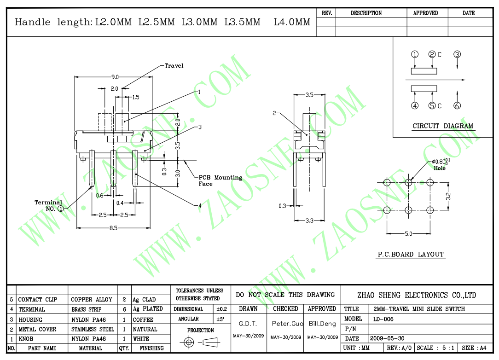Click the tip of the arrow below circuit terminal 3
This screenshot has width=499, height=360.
click(457, 69)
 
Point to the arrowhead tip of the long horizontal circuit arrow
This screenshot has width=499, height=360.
click(465, 80)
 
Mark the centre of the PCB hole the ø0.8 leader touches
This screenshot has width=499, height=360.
click(409, 183)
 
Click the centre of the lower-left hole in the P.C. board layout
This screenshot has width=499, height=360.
click(387, 210)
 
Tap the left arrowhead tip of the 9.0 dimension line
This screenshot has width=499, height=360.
click(75, 77)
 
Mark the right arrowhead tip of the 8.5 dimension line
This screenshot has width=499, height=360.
click(150, 228)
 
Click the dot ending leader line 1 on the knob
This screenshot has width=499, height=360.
click(124, 121)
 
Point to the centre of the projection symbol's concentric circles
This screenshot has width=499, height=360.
click(189, 343)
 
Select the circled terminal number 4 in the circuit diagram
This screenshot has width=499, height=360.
click(415, 106)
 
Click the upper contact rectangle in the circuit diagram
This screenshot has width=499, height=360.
click(424, 71)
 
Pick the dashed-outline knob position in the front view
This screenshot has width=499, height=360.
click(105, 122)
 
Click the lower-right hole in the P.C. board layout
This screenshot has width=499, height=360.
click(430, 210)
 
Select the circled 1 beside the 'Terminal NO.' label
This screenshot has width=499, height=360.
click(60, 209)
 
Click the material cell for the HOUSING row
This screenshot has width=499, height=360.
click(88, 319)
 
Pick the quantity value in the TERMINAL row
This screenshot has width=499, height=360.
click(124, 309)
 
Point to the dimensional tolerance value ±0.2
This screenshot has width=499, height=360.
click(221, 309)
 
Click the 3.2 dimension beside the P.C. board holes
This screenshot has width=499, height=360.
click(448, 197)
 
